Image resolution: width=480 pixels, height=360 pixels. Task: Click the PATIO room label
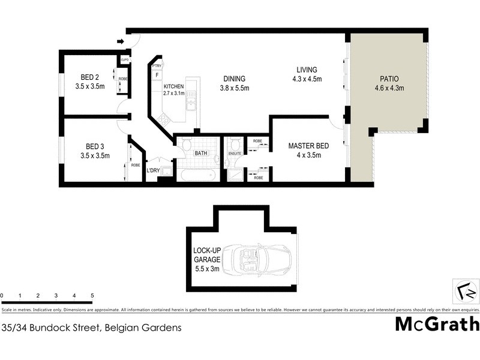tap(389, 79)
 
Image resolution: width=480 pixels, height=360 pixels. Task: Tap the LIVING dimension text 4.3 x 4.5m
tap(307, 79)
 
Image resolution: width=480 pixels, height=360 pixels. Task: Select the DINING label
tap(235, 79)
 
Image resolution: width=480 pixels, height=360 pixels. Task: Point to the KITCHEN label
tap(174, 86)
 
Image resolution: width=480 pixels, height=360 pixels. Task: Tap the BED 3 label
tap(92, 146)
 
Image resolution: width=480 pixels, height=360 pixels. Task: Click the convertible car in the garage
tap(264, 259)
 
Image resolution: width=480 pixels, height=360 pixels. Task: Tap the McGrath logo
tap(437, 324)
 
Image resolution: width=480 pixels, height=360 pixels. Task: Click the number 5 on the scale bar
tap(92, 296)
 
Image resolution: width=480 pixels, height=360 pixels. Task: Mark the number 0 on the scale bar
tap(2, 296)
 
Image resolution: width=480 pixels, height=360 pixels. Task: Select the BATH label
tap(200, 154)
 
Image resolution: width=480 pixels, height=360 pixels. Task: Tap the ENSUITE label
tap(235, 154)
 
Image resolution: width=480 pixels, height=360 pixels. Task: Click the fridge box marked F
tap(157, 75)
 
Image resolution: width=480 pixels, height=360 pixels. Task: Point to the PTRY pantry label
tap(157, 65)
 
